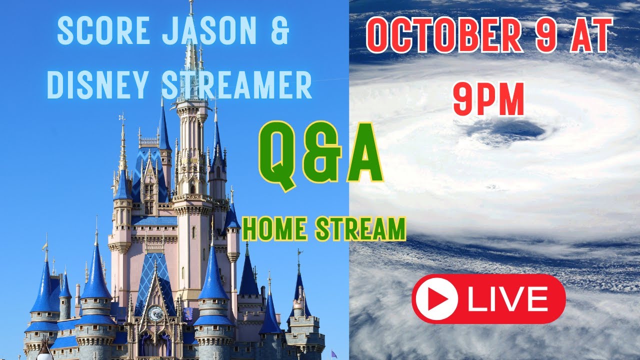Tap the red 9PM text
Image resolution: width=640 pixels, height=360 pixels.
488,99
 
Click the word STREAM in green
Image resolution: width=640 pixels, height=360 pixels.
360,229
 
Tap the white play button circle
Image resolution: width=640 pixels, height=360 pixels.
436,298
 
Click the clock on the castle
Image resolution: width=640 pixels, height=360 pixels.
156,313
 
